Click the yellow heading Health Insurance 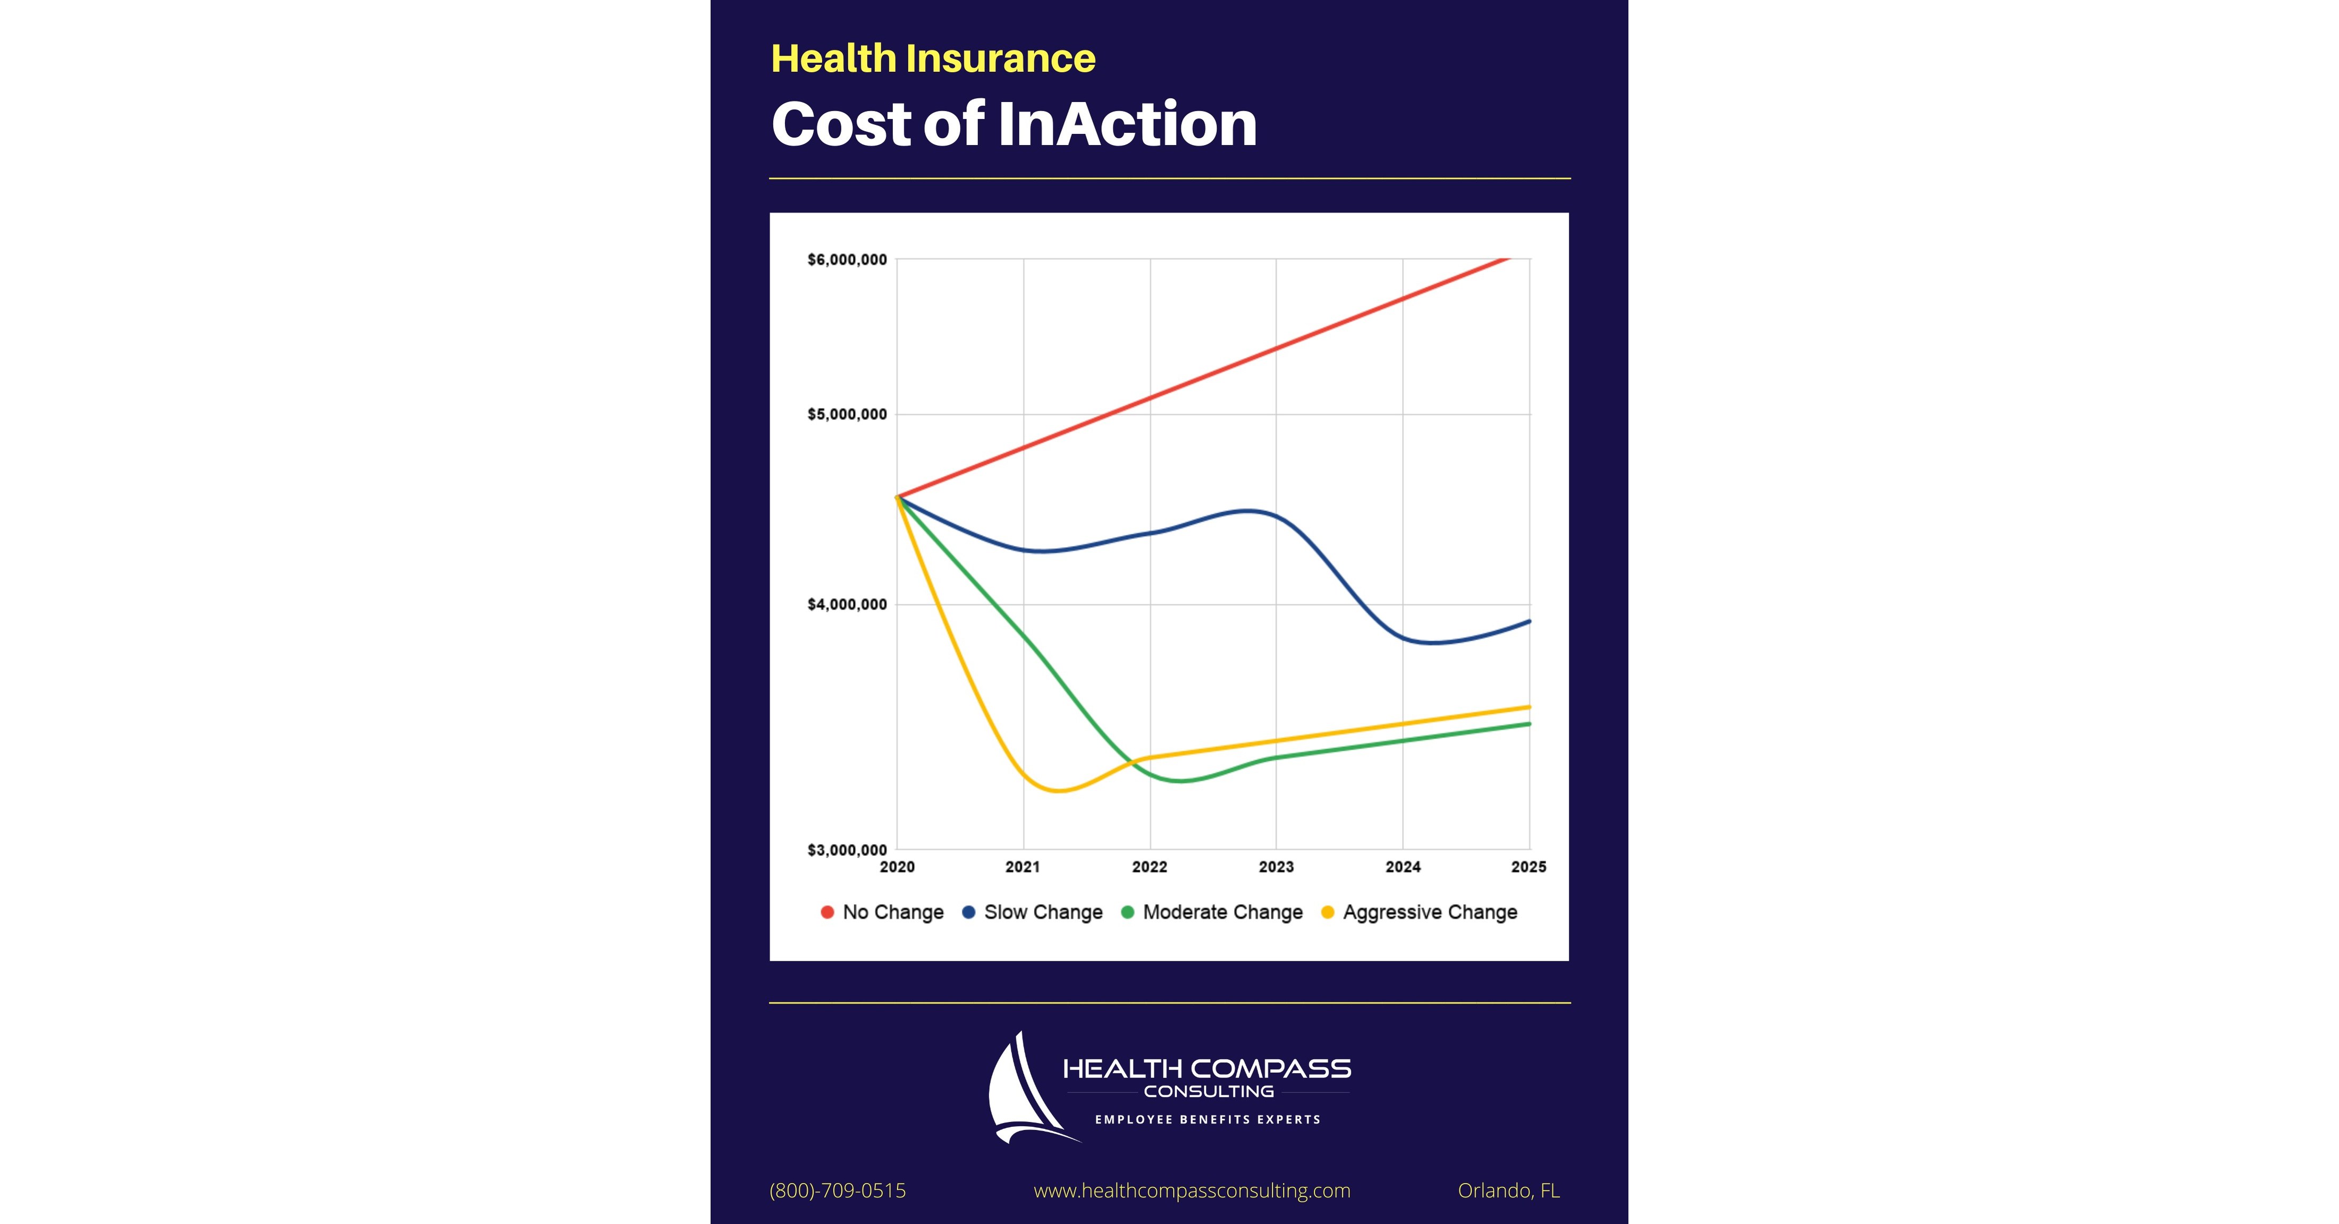point(933,59)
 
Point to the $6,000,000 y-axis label point(846,260)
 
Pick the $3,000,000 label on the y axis point(846,850)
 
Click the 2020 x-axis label point(897,867)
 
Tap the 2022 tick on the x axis point(1150,867)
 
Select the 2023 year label point(1276,867)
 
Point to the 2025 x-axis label point(1528,867)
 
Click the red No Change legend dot point(827,913)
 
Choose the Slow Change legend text point(1043,913)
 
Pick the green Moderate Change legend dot point(1128,913)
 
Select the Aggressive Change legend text point(1430,913)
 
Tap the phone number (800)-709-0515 point(837,1191)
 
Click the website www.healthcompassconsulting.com point(1192,1191)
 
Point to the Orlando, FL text point(1508,1191)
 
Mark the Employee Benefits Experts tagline point(1208,1120)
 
